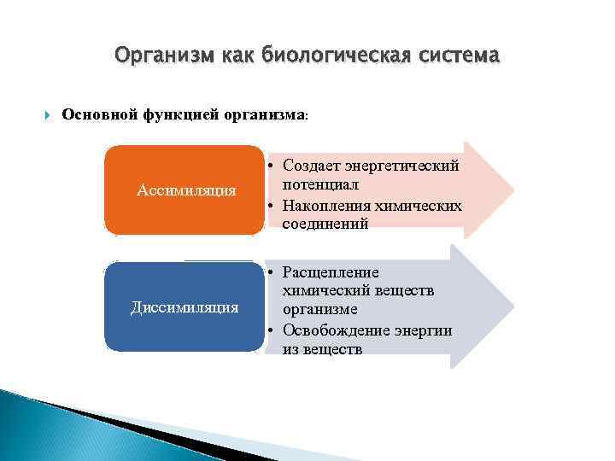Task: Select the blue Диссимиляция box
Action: click(x=184, y=306)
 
